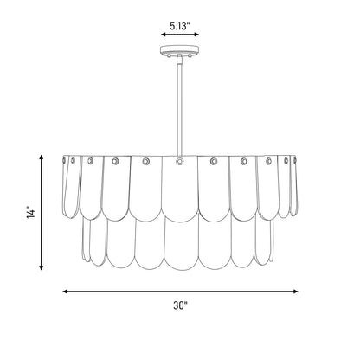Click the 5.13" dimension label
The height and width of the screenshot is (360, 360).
tap(180, 26)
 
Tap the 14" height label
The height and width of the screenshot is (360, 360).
tap(30, 212)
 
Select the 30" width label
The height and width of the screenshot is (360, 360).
tap(181, 305)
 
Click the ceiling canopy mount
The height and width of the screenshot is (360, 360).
tap(180, 49)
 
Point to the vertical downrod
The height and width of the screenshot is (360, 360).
tap(180, 106)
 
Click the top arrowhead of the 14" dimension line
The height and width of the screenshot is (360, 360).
tap(42, 157)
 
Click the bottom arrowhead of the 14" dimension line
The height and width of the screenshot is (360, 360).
tap(42, 267)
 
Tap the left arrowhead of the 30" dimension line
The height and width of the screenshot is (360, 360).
tap(66, 292)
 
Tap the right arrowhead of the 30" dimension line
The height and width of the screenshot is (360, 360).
tap(295, 292)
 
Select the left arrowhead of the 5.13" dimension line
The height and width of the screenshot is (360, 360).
tap(164, 35)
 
